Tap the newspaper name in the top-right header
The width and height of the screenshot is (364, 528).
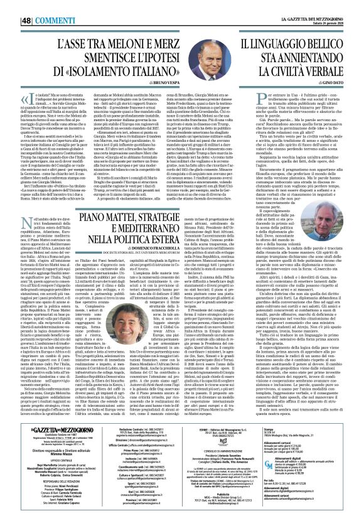[314, 6]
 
